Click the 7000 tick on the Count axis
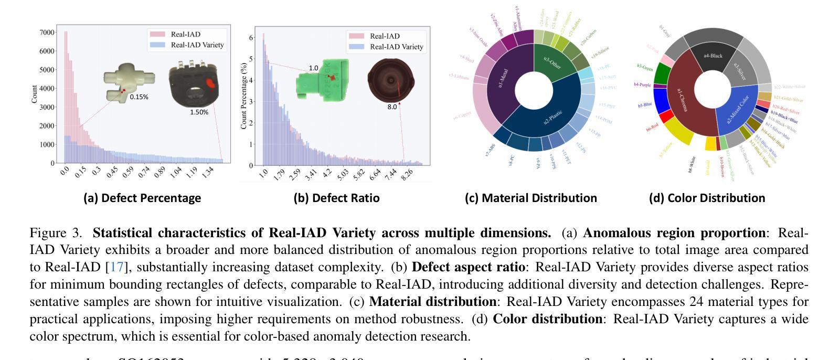click(x=47, y=33)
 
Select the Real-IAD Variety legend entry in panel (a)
click(x=197, y=45)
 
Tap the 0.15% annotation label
click(x=139, y=97)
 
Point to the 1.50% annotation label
click(x=199, y=112)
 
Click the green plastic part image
click(x=321, y=79)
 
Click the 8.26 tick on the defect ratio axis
click(x=407, y=174)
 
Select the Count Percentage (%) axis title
click(x=244, y=97)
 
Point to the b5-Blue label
click(x=645, y=105)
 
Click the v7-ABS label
click(x=490, y=151)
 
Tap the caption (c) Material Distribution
click(x=530, y=198)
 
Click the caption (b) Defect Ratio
click(x=336, y=198)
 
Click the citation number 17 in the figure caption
click(x=116, y=267)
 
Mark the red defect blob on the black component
click(x=210, y=83)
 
